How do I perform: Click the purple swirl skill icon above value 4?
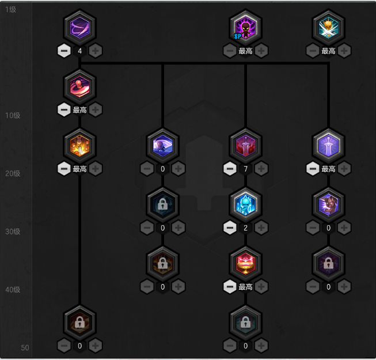[80, 27]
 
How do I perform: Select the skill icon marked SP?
[246, 27]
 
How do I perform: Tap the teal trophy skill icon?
[329, 27]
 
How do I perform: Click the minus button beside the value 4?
[64, 51]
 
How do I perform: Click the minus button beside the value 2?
[230, 228]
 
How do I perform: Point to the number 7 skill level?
[246, 169]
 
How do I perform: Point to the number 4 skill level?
[80, 51]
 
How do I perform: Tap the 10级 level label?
[13, 115]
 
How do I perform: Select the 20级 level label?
[13, 173]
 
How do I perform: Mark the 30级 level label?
[13, 232]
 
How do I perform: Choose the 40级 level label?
[13, 290]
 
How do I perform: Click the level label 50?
[25, 348]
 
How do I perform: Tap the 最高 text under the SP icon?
[246, 51]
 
